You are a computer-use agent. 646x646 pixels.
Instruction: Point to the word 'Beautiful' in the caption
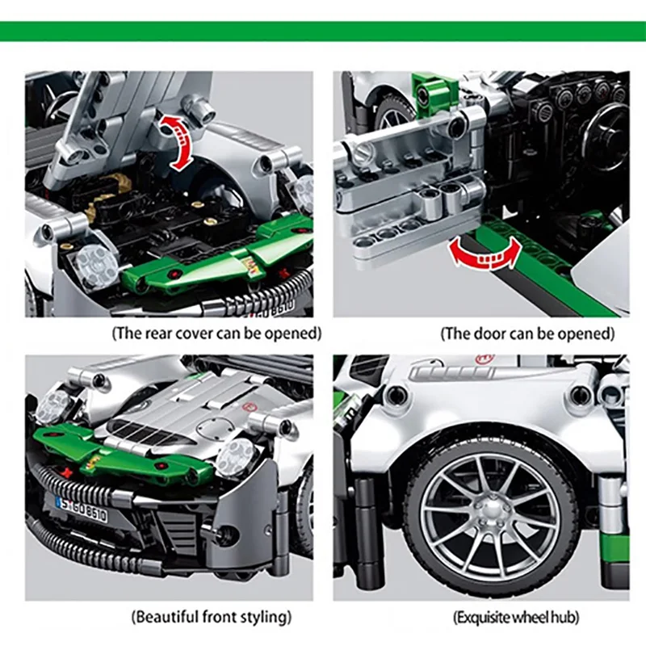tap(166, 618)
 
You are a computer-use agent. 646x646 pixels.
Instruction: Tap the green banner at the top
tap(323, 31)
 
